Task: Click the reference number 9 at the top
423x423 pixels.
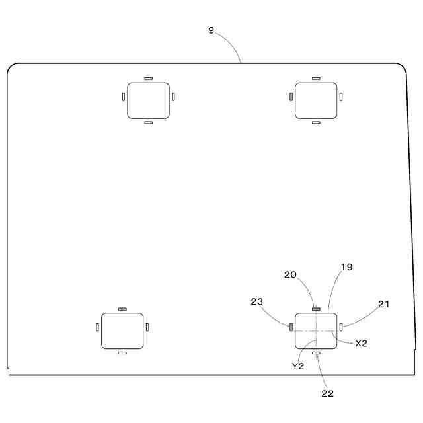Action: click(x=211, y=30)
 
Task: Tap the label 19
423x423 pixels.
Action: click(x=346, y=268)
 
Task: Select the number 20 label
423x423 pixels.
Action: click(x=290, y=274)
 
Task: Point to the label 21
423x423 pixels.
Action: click(x=384, y=304)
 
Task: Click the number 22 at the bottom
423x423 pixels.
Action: click(x=327, y=393)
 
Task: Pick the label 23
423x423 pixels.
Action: click(x=257, y=301)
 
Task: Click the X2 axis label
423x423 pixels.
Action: click(x=361, y=343)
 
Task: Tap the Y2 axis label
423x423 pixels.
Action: click(x=297, y=365)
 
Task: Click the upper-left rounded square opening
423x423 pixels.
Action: click(x=148, y=100)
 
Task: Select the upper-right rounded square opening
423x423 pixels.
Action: click(x=315, y=100)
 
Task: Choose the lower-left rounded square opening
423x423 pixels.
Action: click(x=122, y=330)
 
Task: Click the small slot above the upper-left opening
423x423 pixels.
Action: click(x=148, y=78)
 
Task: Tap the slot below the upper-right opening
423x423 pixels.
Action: click(x=315, y=122)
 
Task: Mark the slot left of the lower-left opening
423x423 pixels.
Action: click(x=97, y=327)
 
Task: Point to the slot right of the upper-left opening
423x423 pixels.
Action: click(x=173, y=97)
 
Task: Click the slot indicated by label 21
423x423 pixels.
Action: click(x=341, y=327)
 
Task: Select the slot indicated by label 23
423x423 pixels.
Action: click(x=291, y=327)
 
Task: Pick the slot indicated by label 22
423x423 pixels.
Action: click(x=316, y=353)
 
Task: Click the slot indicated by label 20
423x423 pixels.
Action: click(x=316, y=308)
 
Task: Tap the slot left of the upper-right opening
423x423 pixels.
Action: click(x=291, y=97)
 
